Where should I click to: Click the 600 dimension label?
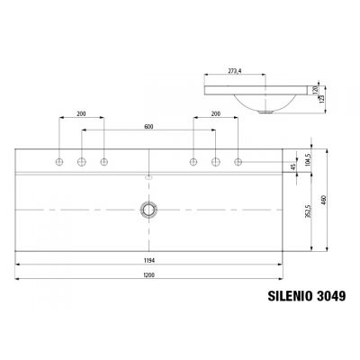tap(149, 127)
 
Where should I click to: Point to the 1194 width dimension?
tap(148, 259)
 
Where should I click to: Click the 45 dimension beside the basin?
tap(293, 166)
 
